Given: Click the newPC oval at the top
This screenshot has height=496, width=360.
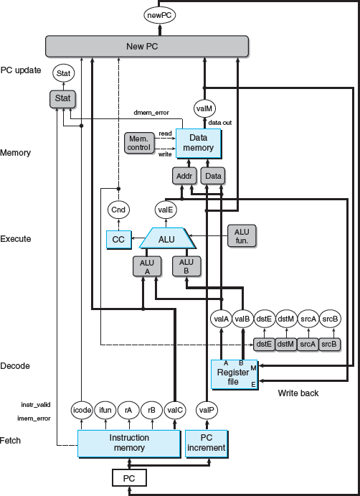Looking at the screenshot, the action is coord(160,16).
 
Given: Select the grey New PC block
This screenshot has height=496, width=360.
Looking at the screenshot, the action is coord(147,47).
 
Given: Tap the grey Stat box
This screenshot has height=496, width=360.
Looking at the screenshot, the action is coord(63,98).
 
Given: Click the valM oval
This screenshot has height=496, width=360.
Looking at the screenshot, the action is coord(204,108).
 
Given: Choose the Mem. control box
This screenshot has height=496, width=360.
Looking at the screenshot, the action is coord(139,144).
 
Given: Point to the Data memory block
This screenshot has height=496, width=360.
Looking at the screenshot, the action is coord(199,143).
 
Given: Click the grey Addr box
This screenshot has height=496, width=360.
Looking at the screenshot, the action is coord(184,176).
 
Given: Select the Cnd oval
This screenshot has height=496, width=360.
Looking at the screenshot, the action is coord(118,210).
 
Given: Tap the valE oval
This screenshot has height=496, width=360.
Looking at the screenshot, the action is coord(166,209).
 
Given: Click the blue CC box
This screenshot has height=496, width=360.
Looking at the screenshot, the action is coord(118,240).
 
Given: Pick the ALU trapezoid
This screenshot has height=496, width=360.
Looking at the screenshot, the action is coord(167,238).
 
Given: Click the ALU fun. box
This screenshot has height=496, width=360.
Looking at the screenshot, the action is coord(242,236).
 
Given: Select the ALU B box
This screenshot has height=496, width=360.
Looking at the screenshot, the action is coord(186,266).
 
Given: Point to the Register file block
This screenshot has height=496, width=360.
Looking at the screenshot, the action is coord(234,375).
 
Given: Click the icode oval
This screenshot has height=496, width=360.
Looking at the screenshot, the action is coord(82,411).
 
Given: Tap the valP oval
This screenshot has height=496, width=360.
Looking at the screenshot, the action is coord(207,411).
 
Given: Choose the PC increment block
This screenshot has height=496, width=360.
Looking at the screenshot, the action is coord(207,444).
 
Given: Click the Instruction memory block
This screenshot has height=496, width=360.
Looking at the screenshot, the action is coord(129,444).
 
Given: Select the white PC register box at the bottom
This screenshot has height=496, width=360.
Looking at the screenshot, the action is coord(129,478).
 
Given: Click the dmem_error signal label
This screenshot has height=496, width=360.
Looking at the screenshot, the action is coord(151,113).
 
